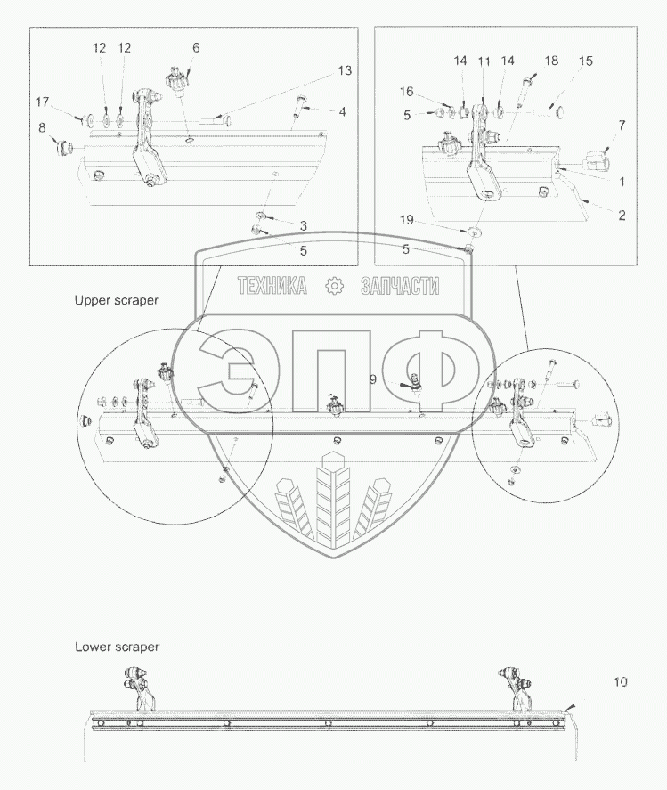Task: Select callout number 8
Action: point(43,128)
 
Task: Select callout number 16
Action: point(406,92)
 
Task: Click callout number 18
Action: point(552,61)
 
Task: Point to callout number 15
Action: point(585,61)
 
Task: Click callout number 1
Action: point(621,181)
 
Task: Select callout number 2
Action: point(621,215)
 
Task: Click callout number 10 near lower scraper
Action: point(620,682)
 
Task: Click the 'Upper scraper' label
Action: point(116,300)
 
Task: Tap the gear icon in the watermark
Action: point(335,286)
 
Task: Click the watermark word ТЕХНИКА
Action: point(272,286)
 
